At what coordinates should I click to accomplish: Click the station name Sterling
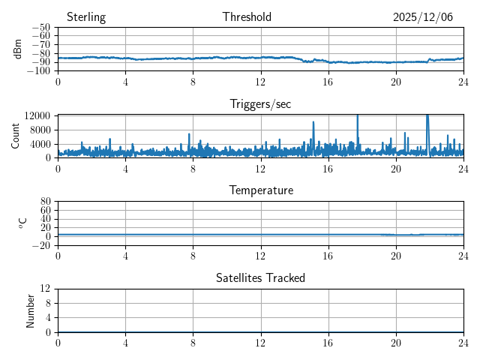(x=86, y=17)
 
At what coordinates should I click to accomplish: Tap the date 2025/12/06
(x=423, y=17)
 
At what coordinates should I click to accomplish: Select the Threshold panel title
(x=247, y=17)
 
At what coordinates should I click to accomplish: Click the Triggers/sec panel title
(x=260, y=104)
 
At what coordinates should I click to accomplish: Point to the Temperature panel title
(x=260, y=190)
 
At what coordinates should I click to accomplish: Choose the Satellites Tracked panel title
(x=260, y=277)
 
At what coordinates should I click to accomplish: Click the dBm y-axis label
(x=18, y=49)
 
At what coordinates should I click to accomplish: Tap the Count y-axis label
(x=15, y=136)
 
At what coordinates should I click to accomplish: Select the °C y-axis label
(x=22, y=223)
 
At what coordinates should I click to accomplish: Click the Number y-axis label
(x=31, y=310)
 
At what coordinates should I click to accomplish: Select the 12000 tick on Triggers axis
(x=37, y=115)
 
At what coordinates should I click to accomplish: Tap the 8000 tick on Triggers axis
(x=40, y=129)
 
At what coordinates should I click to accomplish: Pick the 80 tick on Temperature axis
(x=45, y=202)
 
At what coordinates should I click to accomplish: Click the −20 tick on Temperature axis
(x=41, y=245)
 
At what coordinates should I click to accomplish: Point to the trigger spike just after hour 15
(x=313, y=123)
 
